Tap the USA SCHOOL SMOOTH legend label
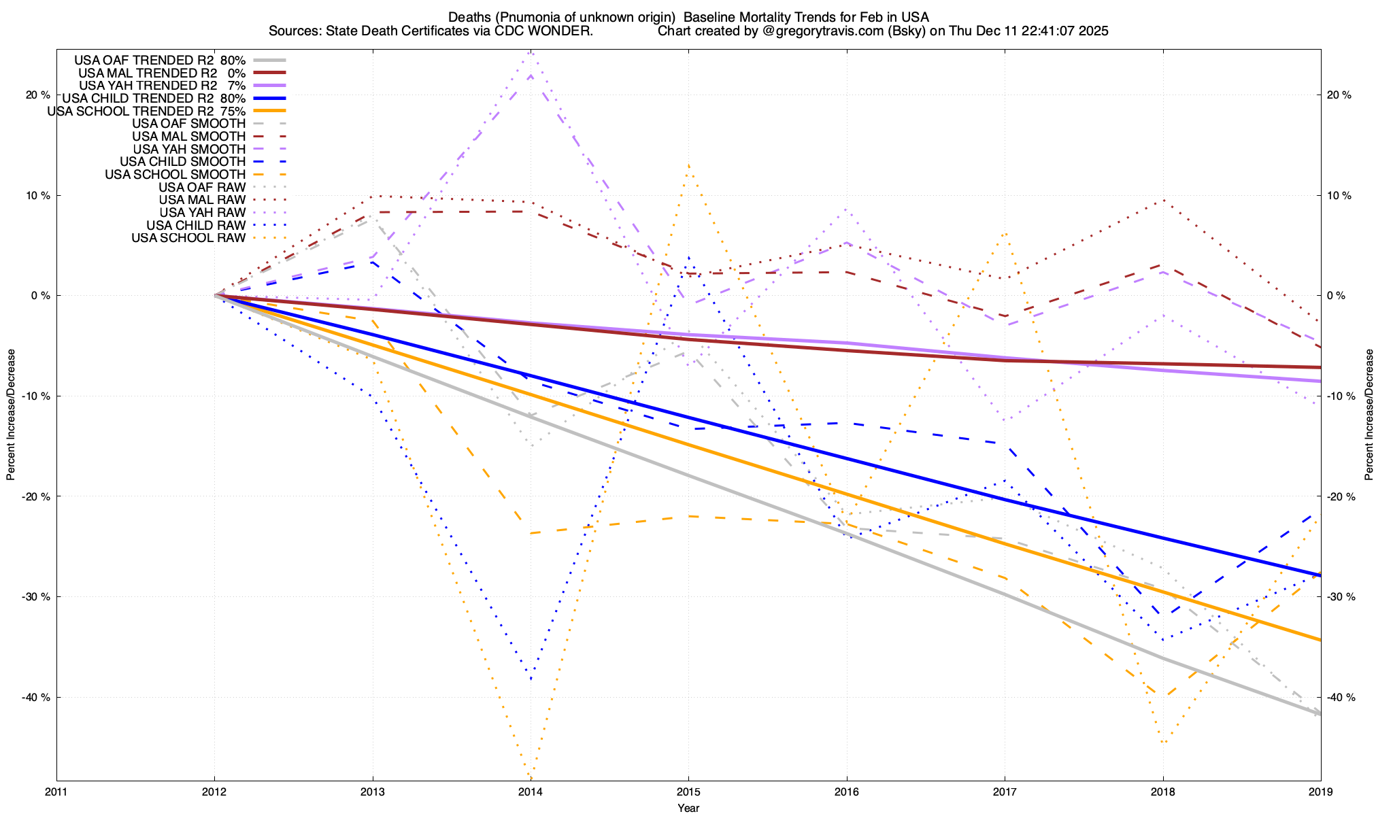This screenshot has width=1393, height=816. point(175,175)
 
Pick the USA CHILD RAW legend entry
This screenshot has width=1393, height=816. point(196,225)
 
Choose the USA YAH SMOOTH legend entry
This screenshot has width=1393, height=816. point(189,149)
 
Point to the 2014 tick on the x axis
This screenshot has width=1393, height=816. point(531,792)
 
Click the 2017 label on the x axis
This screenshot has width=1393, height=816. point(1005,792)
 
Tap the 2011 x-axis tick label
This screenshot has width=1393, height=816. point(56,792)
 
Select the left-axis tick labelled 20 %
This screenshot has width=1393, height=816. point(38,95)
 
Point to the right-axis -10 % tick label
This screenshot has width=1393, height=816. point(1340,396)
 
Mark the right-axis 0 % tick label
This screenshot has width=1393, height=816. point(1337,296)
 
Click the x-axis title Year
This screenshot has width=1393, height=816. point(688,808)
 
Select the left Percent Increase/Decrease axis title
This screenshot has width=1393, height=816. point(11,415)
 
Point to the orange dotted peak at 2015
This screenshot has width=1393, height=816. point(688,165)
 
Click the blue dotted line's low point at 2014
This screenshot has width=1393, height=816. point(531,678)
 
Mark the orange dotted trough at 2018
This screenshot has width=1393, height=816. point(1163,742)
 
